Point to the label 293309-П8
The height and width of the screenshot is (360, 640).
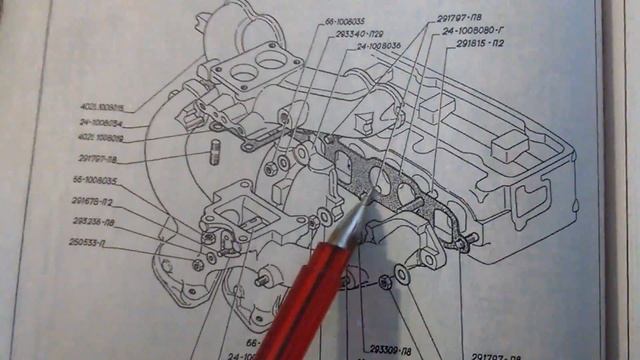389,351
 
